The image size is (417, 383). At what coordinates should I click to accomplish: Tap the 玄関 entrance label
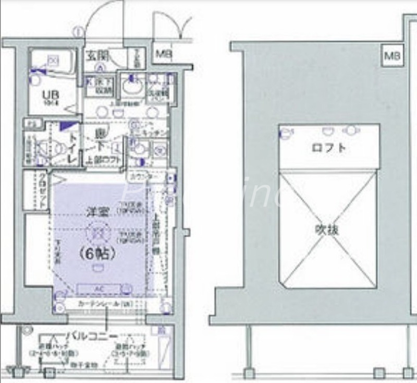tap(97, 54)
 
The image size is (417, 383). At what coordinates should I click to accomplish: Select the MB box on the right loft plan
tap(392, 55)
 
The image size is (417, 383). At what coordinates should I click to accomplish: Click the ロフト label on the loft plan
tap(328, 147)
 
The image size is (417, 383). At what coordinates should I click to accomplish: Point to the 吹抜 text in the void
tap(327, 229)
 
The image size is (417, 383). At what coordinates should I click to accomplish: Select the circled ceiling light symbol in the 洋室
tap(96, 231)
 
